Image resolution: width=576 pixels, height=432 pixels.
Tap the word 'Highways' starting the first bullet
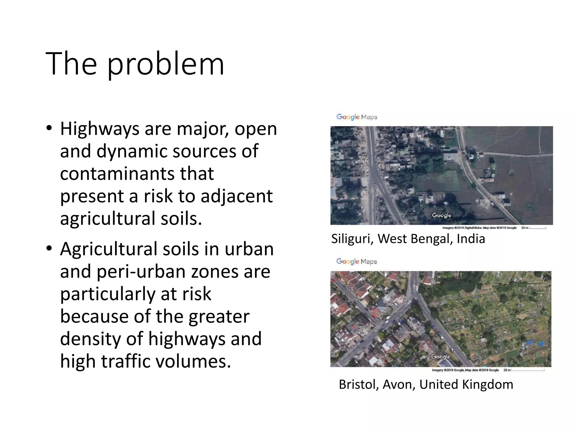click(x=99, y=129)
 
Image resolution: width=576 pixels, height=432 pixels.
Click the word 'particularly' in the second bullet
click(x=108, y=294)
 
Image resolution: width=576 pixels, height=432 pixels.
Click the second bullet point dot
click(x=49, y=249)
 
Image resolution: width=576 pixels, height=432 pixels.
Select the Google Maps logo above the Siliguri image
click(x=357, y=117)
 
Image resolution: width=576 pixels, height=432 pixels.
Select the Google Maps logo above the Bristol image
click(x=357, y=261)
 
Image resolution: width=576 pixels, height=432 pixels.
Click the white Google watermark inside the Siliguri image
click(x=442, y=215)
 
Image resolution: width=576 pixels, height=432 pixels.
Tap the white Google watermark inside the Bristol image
click(x=441, y=357)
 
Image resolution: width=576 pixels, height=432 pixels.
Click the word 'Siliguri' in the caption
click(x=352, y=239)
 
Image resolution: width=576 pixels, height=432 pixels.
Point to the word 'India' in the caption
click(x=471, y=239)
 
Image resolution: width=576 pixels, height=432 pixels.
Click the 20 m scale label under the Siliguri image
click(x=525, y=228)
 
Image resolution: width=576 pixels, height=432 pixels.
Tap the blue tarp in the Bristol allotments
click(x=530, y=342)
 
